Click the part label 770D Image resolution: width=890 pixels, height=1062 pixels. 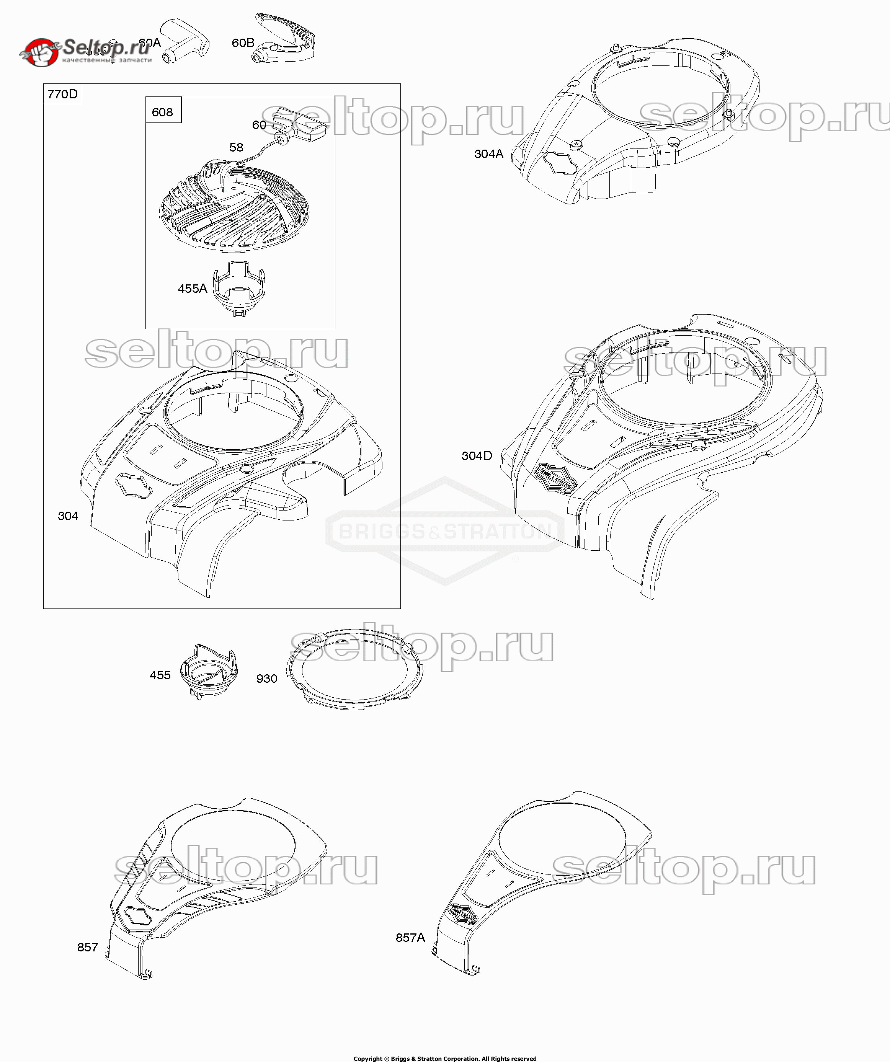pyautogui.click(x=63, y=94)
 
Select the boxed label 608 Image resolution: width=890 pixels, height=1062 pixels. pyautogui.click(x=162, y=112)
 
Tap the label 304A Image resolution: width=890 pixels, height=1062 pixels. pyautogui.click(x=488, y=154)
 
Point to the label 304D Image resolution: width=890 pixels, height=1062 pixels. pyautogui.click(x=477, y=456)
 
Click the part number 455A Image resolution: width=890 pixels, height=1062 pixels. pyautogui.click(x=192, y=288)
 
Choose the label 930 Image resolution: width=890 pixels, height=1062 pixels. pyautogui.click(x=267, y=679)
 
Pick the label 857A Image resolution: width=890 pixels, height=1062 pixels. pyautogui.click(x=410, y=938)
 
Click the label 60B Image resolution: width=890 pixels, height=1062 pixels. pyautogui.click(x=243, y=43)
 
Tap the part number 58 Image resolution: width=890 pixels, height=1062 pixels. pyautogui.click(x=236, y=147)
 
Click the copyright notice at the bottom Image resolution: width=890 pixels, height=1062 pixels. pyautogui.click(x=445, y=1058)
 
